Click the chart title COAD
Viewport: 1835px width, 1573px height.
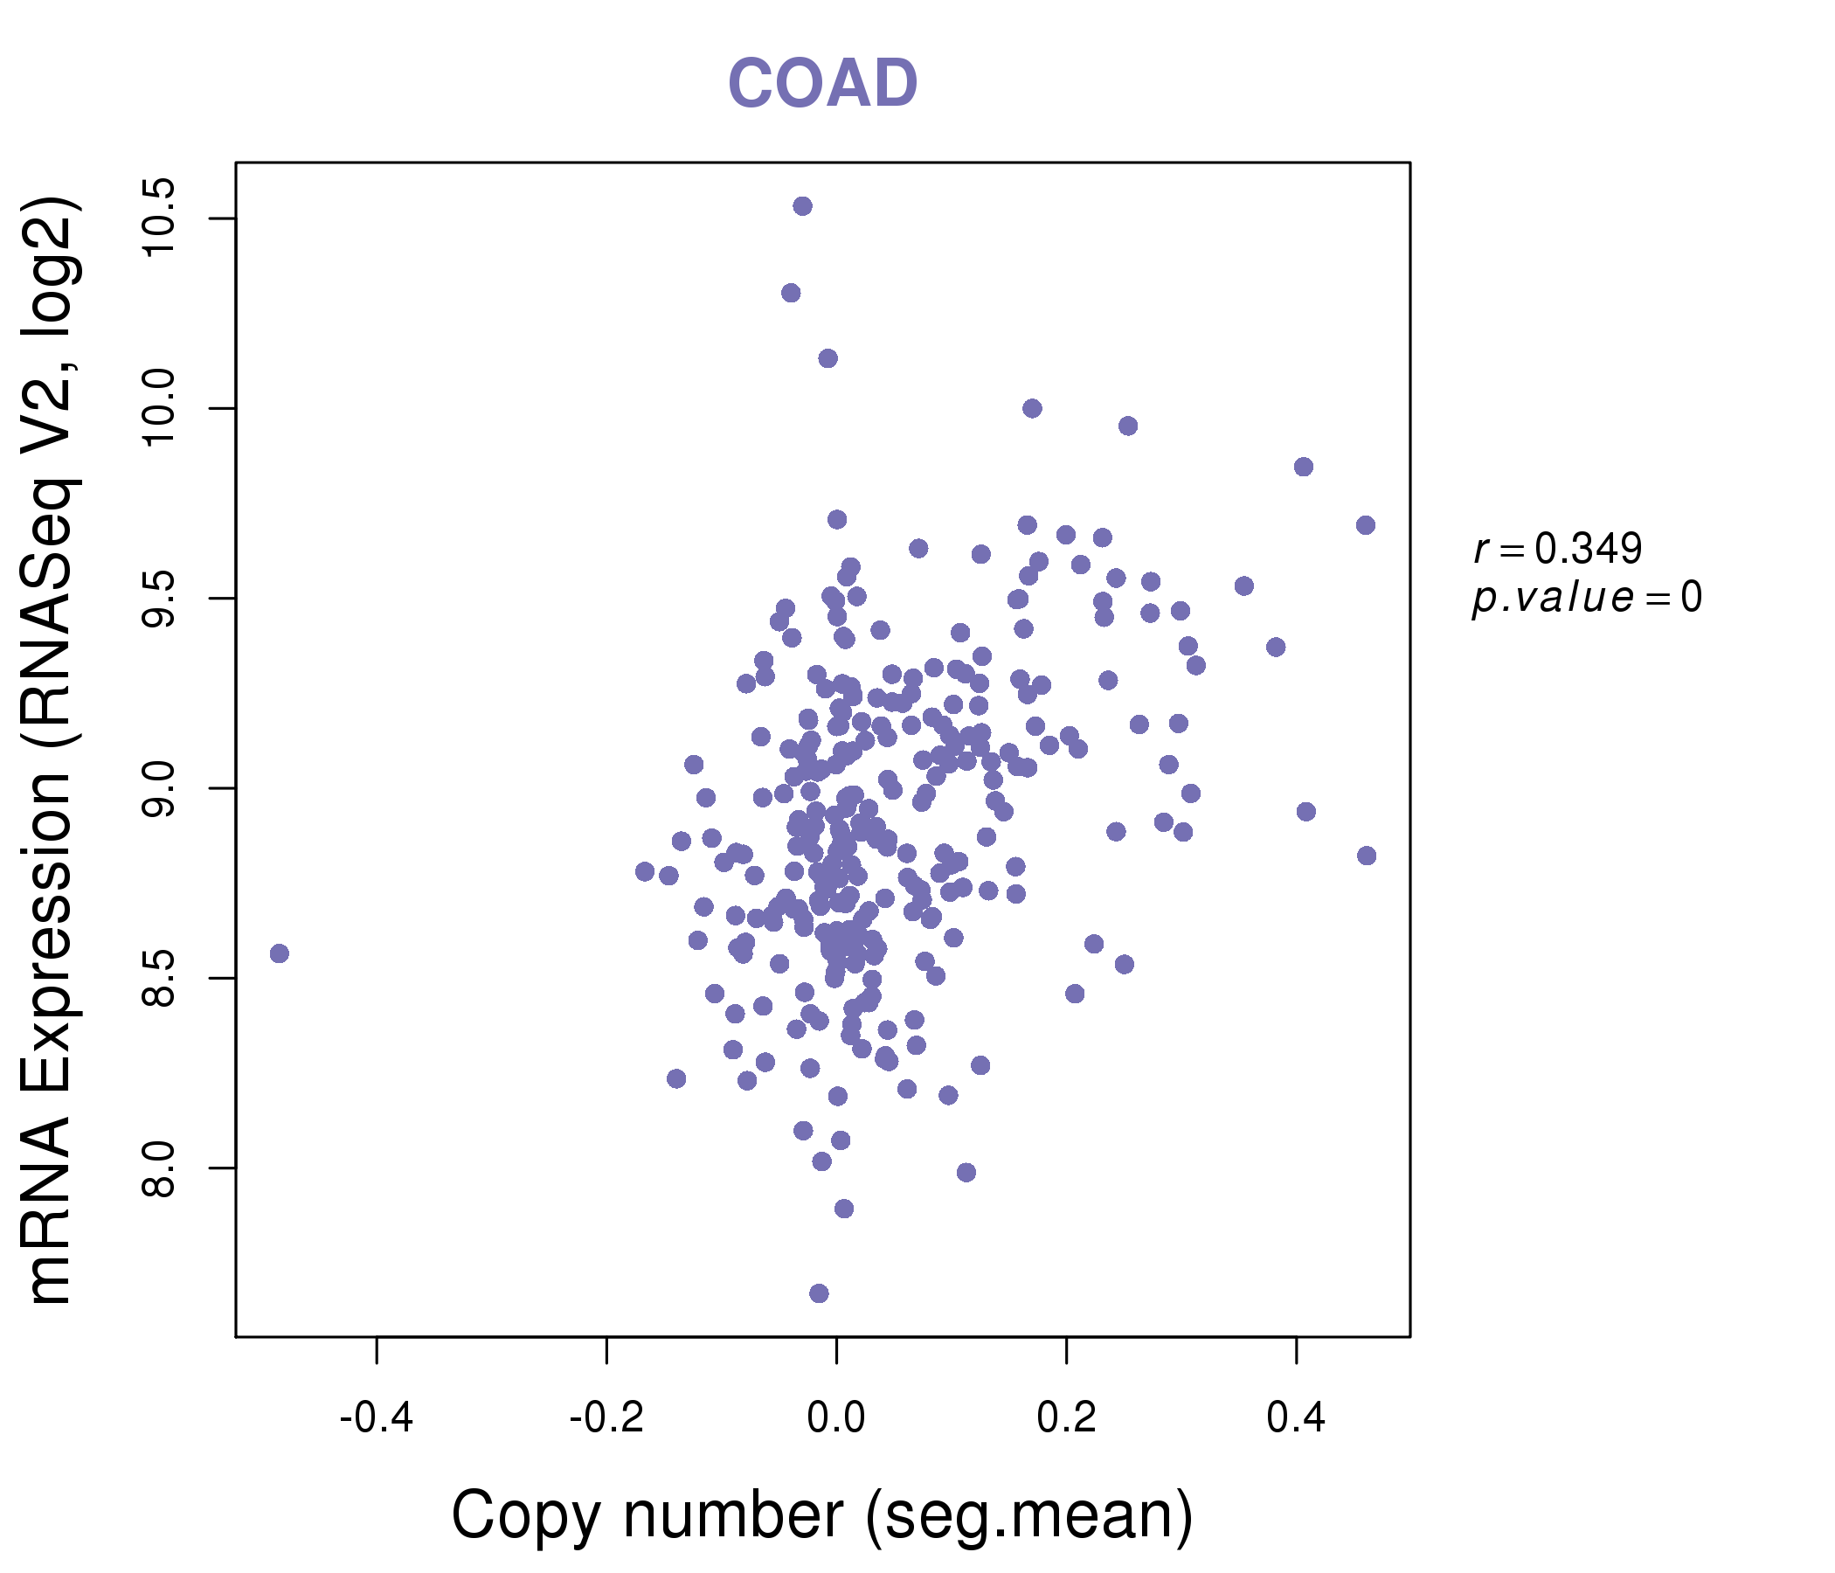822,84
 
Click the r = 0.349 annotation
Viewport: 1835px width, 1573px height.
1558,549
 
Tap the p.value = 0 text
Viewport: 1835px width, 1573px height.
1586,598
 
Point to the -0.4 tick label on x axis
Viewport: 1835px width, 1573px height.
377,1418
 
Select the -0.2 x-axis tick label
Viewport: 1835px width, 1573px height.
606,1418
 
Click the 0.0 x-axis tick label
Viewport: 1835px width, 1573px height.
836,1418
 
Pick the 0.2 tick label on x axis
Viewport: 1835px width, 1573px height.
1065,1418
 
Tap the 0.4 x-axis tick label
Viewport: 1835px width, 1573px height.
1296,1418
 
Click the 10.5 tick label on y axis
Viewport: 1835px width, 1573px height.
159,218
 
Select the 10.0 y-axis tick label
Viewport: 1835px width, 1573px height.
159,408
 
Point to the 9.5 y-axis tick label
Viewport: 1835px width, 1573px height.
159,599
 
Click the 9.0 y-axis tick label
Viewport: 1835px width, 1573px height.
159,788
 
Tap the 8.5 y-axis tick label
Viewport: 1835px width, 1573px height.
159,979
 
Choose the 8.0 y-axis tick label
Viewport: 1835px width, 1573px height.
159,1168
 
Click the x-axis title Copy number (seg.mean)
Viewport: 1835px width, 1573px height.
822,1515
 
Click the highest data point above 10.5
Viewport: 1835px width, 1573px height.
802,206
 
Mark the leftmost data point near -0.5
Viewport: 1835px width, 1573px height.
279,953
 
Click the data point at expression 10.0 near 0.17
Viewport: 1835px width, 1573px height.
1032,408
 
